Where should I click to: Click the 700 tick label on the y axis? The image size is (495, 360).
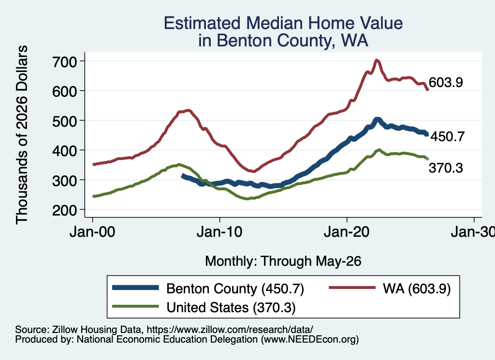click(64, 61)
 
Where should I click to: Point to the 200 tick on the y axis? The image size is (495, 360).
click(64, 210)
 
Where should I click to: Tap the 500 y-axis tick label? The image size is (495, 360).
click(64, 121)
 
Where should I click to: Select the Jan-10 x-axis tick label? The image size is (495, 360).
click(219, 232)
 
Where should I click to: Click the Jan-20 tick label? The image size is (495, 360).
click(347, 232)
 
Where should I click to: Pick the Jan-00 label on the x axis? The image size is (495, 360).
click(92, 232)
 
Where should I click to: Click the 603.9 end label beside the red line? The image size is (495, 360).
click(446, 82)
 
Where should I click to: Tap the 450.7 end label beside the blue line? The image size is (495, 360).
click(448, 137)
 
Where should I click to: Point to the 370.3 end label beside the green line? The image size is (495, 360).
click(446, 168)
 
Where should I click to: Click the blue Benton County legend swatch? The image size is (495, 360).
click(136, 288)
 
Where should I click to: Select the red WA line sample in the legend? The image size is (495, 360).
click(352, 288)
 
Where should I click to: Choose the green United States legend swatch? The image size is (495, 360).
click(136, 306)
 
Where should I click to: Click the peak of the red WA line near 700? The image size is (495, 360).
click(376, 60)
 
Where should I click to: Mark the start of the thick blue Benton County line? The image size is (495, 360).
click(182, 176)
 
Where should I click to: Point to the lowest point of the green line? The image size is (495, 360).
click(247, 199)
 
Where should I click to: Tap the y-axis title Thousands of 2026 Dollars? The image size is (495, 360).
click(22, 135)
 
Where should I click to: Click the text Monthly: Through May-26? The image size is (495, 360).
click(283, 261)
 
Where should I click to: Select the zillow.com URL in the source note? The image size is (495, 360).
click(230, 330)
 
